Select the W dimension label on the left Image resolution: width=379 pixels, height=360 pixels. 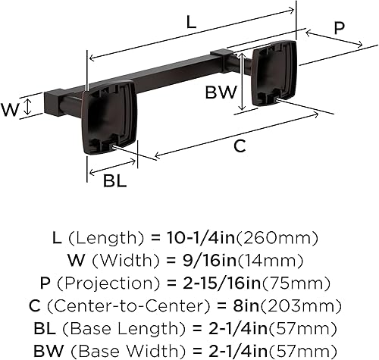tap(10, 109)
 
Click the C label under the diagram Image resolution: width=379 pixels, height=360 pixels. tap(240, 147)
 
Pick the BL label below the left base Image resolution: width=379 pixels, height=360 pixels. tap(114, 181)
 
